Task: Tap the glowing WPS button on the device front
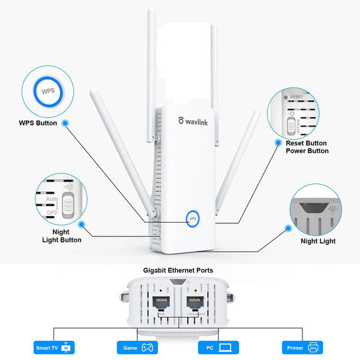click(x=193, y=218)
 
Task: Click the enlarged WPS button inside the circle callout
click(x=47, y=93)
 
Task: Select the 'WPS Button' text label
click(x=38, y=123)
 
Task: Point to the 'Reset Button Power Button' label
click(x=307, y=147)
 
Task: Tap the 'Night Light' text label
click(x=318, y=241)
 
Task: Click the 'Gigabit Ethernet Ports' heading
click(x=178, y=271)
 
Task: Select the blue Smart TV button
click(x=55, y=347)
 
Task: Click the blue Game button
click(x=136, y=347)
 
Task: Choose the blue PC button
click(x=218, y=347)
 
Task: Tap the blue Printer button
click(x=302, y=347)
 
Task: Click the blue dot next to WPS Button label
click(x=65, y=123)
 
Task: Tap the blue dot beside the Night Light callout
click(x=289, y=228)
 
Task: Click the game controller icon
click(x=146, y=347)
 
